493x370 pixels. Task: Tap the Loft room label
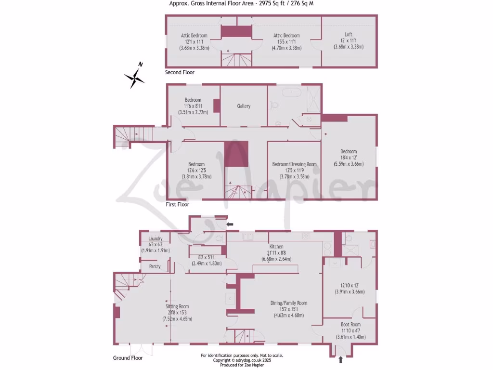pyautogui.click(x=348, y=35)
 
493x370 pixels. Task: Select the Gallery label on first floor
pyautogui.click(x=244, y=106)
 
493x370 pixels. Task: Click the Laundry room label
pyautogui.click(x=155, y=238)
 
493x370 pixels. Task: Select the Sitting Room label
pyautogui.click(x=177, y=306)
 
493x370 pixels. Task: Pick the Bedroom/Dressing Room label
pyautogui.click(x=294, y=164)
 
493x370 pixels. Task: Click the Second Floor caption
pyautogui.click(x=180, y=72)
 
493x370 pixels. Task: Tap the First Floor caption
pyautogui.click(x=177, y=204)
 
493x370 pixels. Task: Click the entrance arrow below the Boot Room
pyautogui.click(x=341, y=359)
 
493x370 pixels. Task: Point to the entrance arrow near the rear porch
pyautogui.click(x=230, y=224)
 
